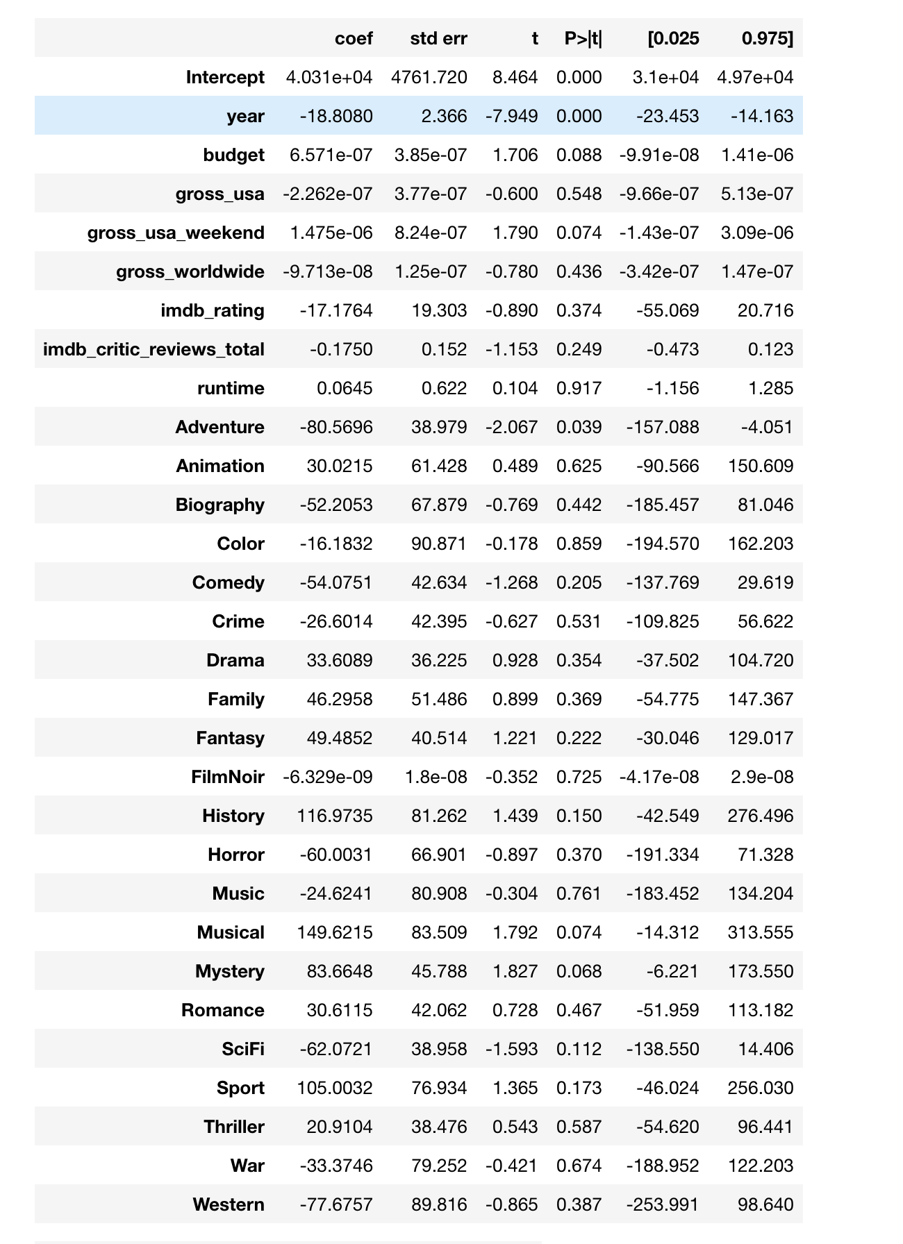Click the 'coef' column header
click(354, 39)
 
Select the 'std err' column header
click(438, 39)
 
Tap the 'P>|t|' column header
click(583, 39)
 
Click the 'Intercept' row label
click(225, 77)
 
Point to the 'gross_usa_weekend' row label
click(176, 233)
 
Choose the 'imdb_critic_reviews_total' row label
click(154, 349)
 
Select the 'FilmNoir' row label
click(228, 777)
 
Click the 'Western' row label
click(229, 1204)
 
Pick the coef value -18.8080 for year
click(336, 116)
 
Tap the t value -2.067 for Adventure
click(511, 427)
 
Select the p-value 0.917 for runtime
click(579, 388)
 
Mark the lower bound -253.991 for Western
click(663, 1204)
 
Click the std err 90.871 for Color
click(439, 544)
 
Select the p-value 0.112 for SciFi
click(579, 1049)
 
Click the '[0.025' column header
click(673, 39)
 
